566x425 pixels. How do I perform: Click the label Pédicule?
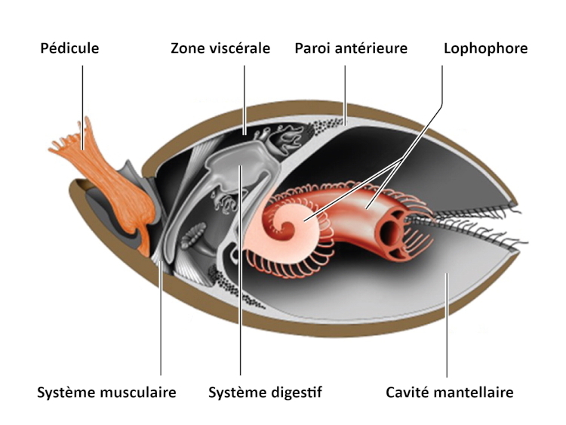(x=69, y=49)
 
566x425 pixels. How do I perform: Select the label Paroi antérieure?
(x=351, y=49)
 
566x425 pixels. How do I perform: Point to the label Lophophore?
(x=485, y=49)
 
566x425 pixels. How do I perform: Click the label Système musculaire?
(x=106, y=393)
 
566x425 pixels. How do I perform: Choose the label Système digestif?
(x=265, y=393)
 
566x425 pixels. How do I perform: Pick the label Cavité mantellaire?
(x=450, y=393)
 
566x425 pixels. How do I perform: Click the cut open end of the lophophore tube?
(x=393, y=226)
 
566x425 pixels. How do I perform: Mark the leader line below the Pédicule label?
(x=82, y=91)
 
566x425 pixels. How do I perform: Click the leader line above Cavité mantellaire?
(x=447, y=332)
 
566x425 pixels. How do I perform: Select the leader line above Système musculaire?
(x=162, y=325)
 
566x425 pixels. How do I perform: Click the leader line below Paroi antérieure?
(x=345, y=91)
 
